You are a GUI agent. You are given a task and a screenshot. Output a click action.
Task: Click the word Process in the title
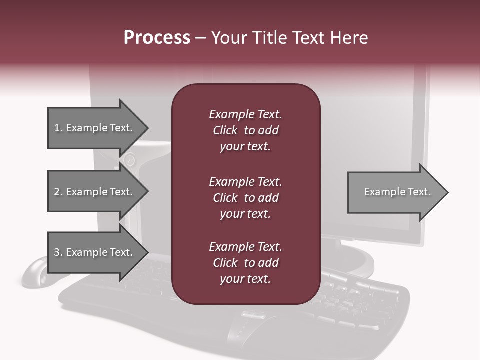pos(157,38)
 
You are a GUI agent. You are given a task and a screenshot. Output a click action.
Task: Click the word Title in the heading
pos(269,38)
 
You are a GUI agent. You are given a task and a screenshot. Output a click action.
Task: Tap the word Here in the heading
pos(349,38)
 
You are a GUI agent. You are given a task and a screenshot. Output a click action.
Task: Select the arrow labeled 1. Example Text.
pos(98,128)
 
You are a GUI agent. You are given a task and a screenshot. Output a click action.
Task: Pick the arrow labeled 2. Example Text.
pos(98,191)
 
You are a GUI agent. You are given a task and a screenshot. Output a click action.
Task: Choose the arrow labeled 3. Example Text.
pos(98,252)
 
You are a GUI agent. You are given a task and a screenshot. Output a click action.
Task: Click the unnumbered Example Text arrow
pos(398,192)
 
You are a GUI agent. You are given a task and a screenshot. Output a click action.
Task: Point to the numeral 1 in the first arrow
pos(57,128)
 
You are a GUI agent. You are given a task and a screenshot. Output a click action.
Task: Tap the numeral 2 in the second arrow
pos(57,192)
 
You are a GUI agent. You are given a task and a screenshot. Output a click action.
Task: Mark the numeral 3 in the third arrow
pos(57,252)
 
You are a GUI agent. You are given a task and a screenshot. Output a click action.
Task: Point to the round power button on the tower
pos(130,160)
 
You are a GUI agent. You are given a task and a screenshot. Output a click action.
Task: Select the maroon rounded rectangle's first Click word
pos(225,130)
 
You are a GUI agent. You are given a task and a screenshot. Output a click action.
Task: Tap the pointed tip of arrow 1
pos(149,128)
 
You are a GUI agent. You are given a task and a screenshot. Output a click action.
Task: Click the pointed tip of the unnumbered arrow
pos(448,192)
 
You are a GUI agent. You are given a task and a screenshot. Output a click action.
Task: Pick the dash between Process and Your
pos(201,39)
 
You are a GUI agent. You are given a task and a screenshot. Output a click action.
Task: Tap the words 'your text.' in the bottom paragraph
pos(245,279)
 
